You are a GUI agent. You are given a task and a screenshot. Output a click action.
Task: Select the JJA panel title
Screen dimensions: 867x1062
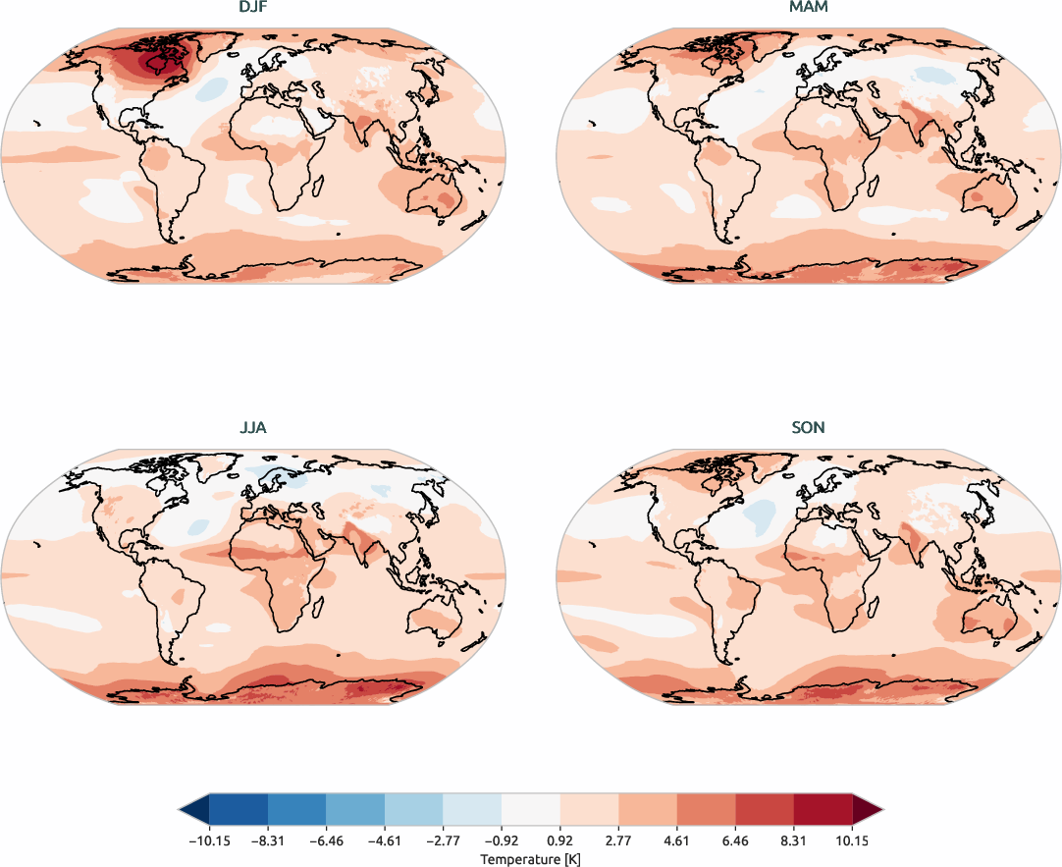click(x=253, y=428)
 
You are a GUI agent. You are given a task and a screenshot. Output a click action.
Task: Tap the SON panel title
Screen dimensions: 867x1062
click(x=809, y=428)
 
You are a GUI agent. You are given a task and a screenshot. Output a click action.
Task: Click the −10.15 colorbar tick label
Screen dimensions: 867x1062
click(x=208, y=840)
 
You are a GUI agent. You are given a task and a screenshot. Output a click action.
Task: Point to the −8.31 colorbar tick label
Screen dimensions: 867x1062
click(x=267, y=840)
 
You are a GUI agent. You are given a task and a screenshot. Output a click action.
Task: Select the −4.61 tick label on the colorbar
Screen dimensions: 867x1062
click(x=384, y=840)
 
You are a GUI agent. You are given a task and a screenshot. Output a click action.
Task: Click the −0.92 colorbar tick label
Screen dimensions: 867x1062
click(x=501, y=840)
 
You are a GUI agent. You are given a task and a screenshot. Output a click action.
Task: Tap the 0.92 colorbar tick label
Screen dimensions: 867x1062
click(x=560, y=840)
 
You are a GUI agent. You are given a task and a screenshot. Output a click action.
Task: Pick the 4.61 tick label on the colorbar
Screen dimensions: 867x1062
click(x=677, y=840)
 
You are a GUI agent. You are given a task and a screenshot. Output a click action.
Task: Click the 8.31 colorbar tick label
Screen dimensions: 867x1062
click(x=794, y=840)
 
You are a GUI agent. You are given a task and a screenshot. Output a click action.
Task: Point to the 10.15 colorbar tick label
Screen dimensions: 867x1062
click(x=852, y=840)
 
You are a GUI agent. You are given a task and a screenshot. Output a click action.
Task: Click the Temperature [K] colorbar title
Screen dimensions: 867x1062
click(x=530, y=858)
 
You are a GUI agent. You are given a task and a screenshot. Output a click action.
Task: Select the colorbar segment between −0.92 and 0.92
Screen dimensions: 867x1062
click(x=531, y=809)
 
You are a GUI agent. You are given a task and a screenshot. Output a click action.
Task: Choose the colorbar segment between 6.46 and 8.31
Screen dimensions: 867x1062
click(x=765, y=809)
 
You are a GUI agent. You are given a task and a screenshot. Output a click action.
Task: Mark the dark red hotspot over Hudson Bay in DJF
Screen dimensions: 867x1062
click(x=154, y=62)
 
